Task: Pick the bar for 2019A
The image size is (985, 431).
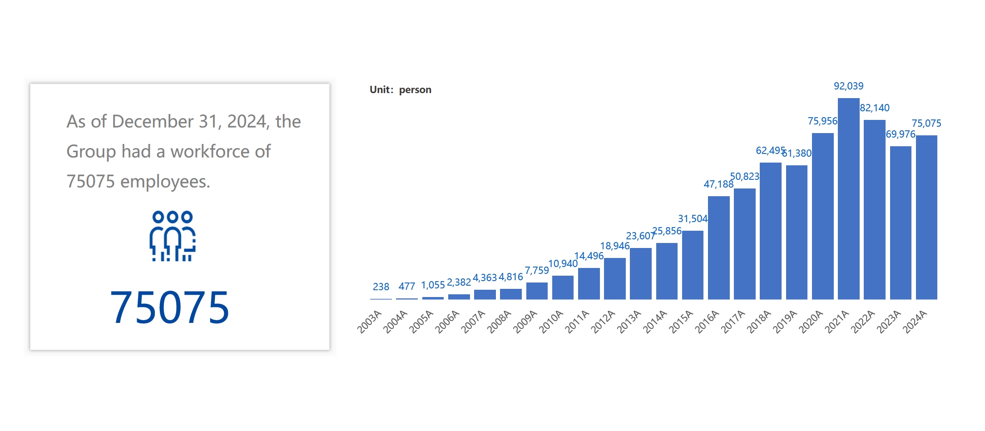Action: tap(797, 232)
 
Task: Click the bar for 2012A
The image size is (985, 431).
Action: tap(614, 278)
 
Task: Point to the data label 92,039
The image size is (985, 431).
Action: tap(848, 86)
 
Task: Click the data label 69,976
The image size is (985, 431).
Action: tap(900, 134)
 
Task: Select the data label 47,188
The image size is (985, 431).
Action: tap(718, 184)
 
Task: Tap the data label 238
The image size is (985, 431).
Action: tap(381, 287)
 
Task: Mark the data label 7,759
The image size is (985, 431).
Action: tap(536, 270)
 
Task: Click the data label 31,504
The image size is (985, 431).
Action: tap(693, 218)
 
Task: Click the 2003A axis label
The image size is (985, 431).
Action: tap(369, 322)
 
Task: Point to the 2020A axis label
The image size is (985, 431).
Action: tap(811, 322)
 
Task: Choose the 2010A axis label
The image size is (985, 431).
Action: tap(551, 322)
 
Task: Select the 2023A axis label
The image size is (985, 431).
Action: tap(888, 322)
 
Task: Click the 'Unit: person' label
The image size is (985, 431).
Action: tap(400, 89)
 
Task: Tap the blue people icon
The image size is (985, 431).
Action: tap(173, 236)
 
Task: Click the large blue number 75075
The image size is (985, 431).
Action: tap(169, 307)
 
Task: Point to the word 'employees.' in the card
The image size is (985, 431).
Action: tap(165, 181)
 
